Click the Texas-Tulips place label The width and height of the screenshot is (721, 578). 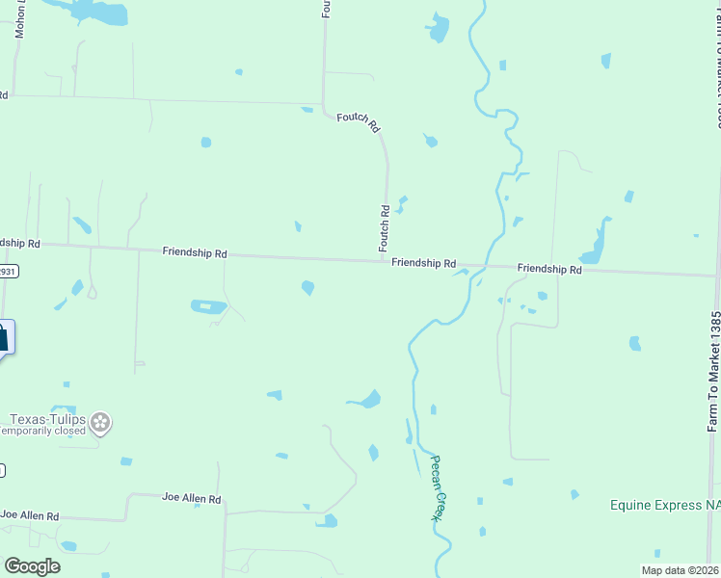pos(48,419)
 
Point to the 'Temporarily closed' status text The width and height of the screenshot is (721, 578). pos(44,432)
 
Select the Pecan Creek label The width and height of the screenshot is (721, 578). pos(436,487)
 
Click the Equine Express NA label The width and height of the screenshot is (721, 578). pos(665,505)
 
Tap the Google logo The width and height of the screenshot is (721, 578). pos(32,566)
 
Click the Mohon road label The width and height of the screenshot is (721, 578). pos(19,19)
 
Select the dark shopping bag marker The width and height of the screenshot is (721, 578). pos(3,337)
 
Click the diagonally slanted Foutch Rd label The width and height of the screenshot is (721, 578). pos(359,122)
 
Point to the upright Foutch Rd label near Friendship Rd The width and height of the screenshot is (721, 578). pos(385,223)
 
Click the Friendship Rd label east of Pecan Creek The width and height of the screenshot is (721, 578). pos(548,269)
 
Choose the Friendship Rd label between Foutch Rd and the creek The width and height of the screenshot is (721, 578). pos(423,262)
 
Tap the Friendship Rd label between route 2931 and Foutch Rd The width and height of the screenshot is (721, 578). pos(195,252)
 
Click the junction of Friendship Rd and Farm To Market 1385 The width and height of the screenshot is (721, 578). pos(714,276)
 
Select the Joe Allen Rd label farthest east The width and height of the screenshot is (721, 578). pos(192,498)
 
